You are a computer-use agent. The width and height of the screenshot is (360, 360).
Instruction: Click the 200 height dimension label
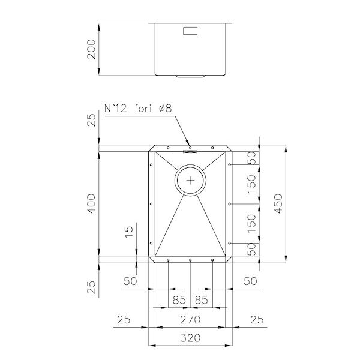(91, 49)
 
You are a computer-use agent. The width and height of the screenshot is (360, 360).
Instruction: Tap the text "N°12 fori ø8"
(138, 108)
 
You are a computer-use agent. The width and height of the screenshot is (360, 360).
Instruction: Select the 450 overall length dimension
(278, 203)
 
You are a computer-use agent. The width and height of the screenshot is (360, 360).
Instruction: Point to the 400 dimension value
(91, 203)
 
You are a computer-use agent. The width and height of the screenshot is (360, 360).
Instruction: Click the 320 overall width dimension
(190, 338)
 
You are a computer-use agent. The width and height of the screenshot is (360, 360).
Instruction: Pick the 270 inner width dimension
(190, 319)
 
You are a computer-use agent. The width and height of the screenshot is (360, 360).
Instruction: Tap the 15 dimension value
(129, 232)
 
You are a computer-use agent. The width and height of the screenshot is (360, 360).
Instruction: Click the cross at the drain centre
(190, 181)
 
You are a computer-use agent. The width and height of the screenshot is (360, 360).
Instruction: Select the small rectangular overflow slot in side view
(190, 31)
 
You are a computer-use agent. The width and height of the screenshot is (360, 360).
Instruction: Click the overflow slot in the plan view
(190, 151)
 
